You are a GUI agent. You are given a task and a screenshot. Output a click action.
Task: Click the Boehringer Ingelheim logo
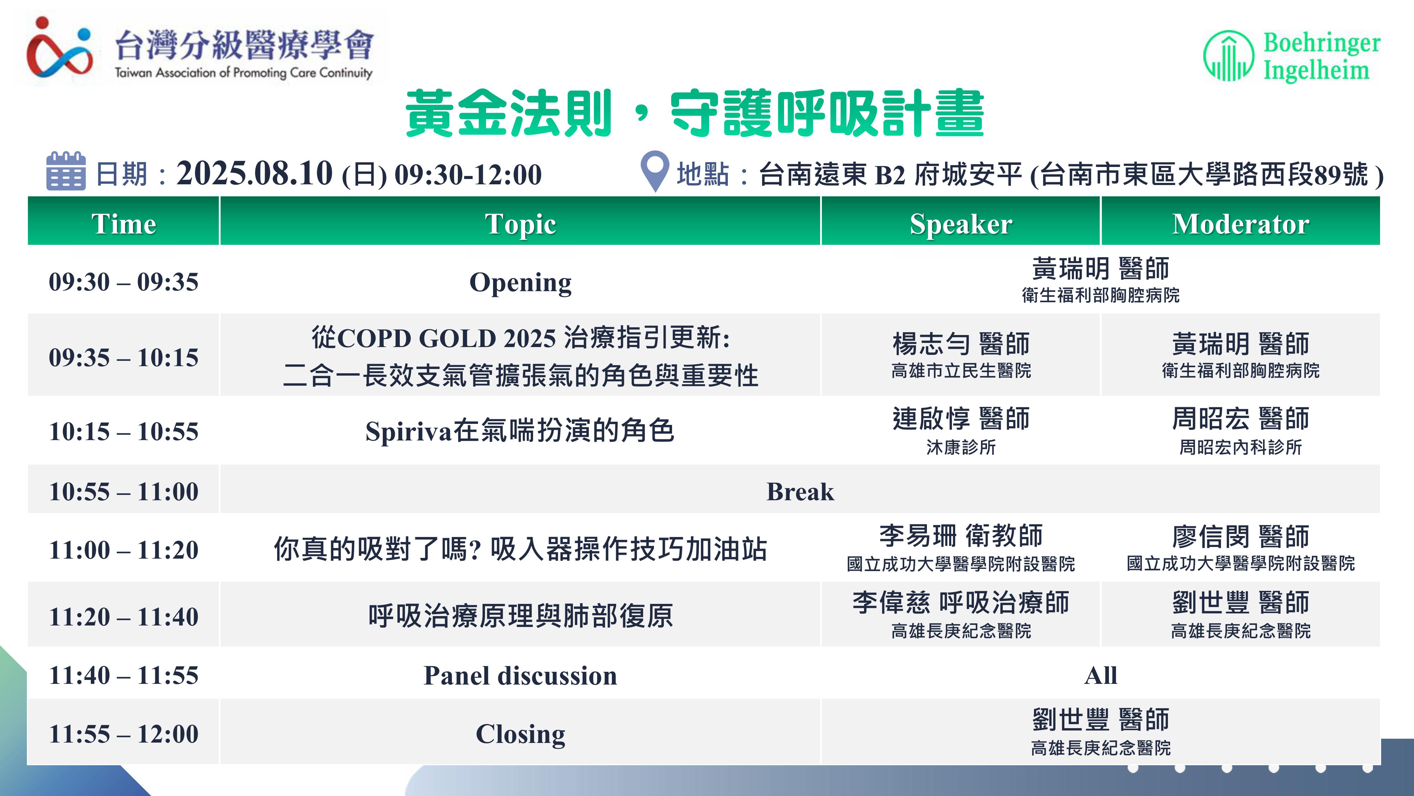(1291, 56)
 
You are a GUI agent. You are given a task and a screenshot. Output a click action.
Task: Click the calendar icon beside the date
(66, 171)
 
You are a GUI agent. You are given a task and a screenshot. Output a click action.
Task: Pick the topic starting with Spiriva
(520, 431)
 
